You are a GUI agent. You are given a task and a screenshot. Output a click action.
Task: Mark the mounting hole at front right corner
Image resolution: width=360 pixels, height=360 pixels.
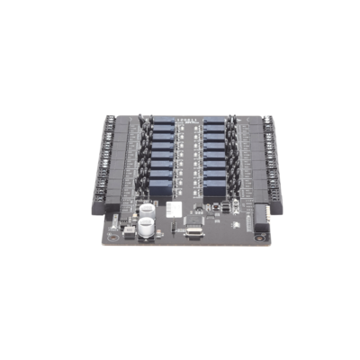258,240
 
